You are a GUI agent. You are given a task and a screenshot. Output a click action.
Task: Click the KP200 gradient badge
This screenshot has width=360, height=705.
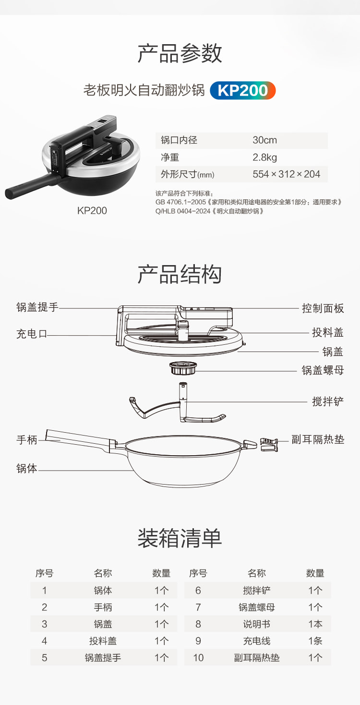242,90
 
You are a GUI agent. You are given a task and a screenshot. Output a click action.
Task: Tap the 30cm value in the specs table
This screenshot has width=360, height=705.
264,140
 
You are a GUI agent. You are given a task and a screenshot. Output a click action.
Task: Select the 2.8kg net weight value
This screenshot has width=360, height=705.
264,157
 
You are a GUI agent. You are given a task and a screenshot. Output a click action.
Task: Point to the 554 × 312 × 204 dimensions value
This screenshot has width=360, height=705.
287,174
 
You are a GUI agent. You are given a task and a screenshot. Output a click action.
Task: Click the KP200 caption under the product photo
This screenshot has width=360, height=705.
92,210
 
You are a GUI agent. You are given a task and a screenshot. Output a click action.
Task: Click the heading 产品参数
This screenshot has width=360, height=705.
180,53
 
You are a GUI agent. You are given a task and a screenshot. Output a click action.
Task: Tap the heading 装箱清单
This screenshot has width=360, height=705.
180,538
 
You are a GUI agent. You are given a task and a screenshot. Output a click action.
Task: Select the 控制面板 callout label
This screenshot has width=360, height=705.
323,308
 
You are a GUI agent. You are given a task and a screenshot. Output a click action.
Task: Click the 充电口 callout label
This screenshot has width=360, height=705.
32,334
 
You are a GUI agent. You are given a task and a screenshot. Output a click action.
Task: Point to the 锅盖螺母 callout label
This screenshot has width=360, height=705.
323,370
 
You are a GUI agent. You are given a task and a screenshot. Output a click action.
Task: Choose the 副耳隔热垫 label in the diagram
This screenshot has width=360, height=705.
318,439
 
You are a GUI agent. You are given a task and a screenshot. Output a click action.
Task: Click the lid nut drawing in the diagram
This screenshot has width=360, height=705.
183,368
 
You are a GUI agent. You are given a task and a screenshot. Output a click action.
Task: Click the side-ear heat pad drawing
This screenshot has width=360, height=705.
269,444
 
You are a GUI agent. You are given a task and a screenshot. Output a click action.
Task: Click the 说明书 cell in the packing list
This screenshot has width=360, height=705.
256,624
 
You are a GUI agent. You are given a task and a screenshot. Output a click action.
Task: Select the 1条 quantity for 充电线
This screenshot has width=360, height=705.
315,641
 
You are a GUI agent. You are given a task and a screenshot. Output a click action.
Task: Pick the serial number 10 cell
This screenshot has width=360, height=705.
198,657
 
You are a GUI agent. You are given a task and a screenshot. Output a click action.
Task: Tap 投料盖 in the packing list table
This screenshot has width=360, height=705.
103,641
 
